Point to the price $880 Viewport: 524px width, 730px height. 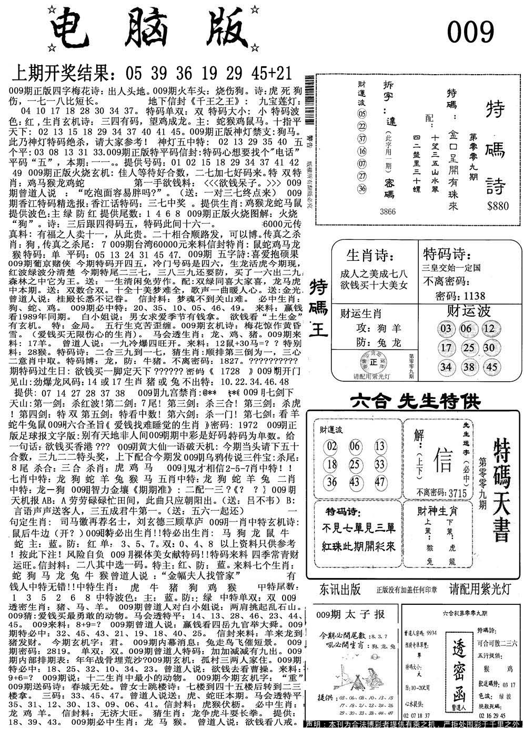tap(497, 206)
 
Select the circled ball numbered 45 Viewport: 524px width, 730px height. tap(492, 367)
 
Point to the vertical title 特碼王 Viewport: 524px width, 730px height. tap(319, 309)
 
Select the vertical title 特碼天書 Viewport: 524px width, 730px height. tap(502, 491)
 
